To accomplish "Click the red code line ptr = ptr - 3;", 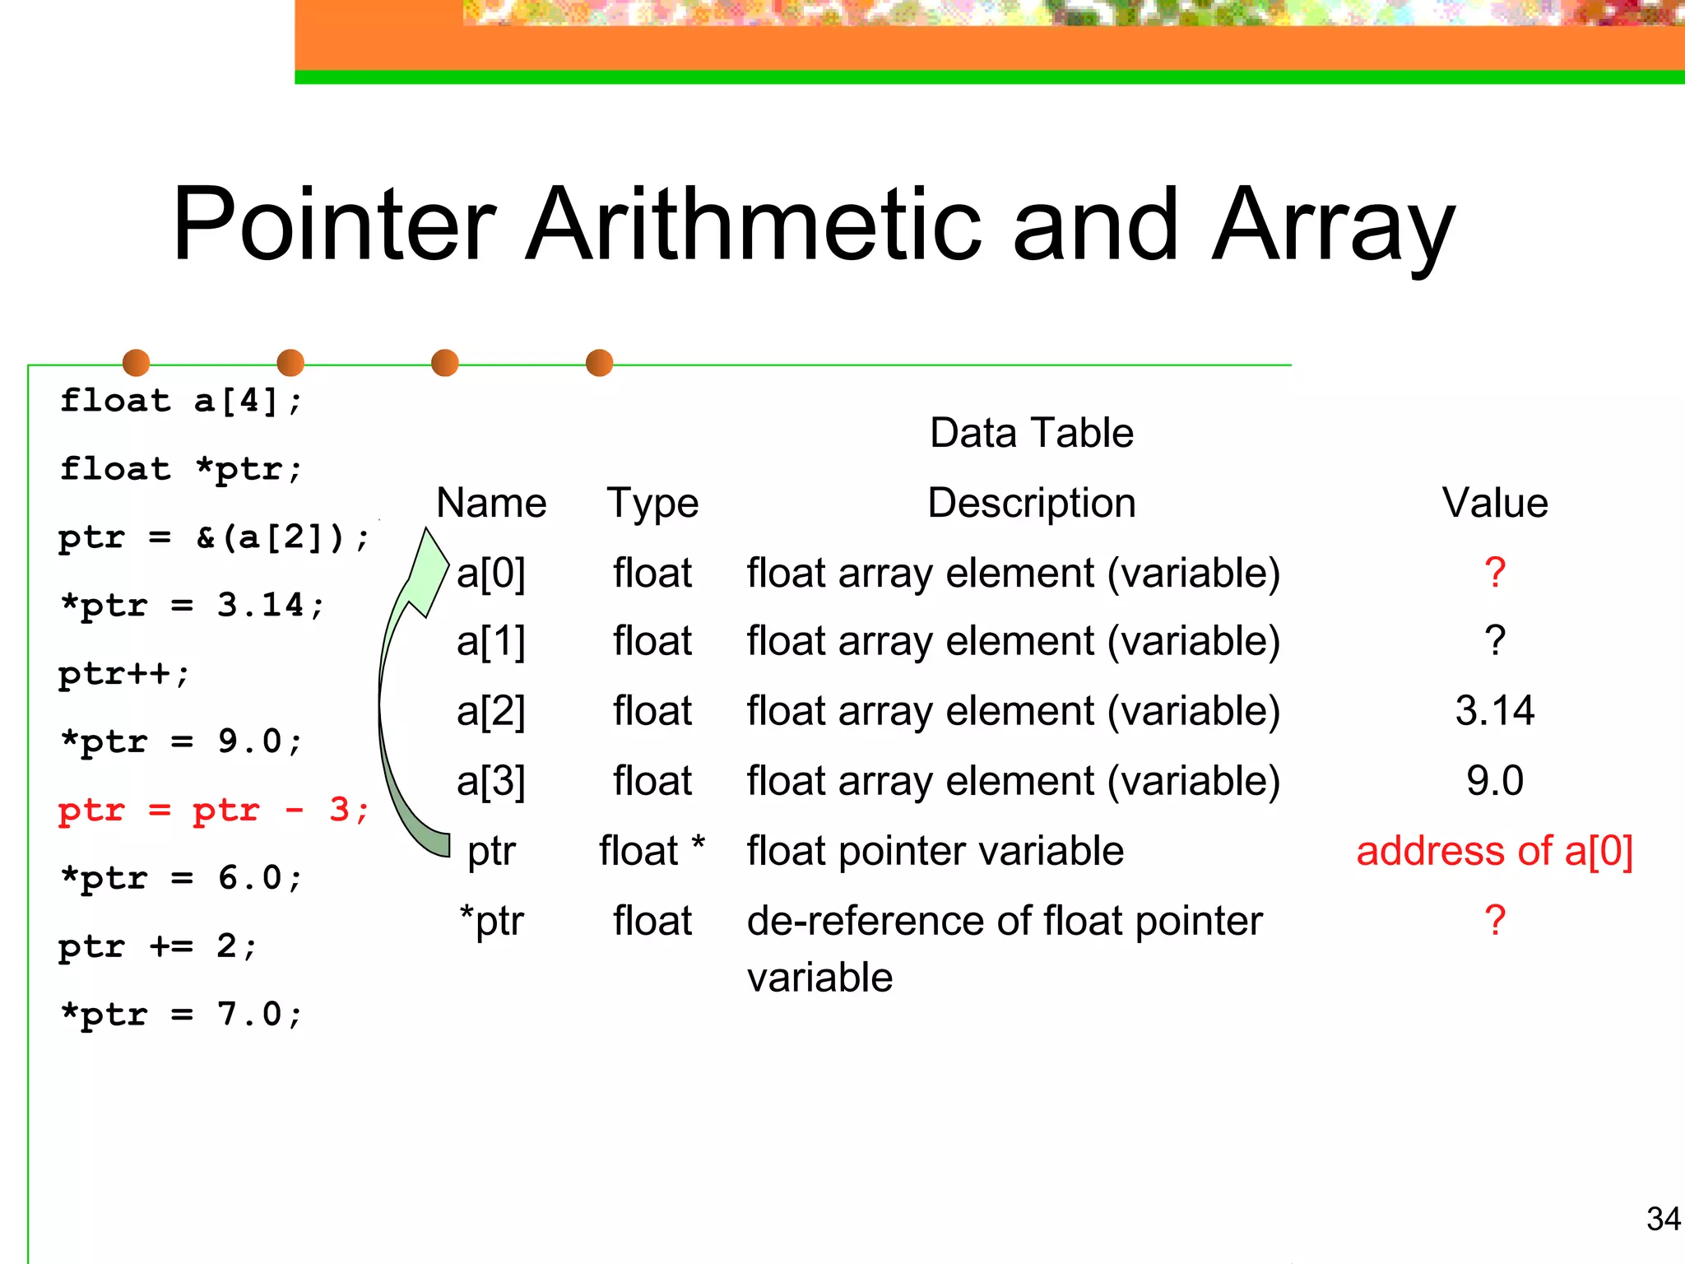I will pos(213,811).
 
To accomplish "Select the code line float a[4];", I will pos(182,402).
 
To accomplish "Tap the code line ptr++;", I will pos(124,674).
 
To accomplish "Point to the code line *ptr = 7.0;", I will pos(182,1015).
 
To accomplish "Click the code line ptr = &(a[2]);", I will pos(213,538).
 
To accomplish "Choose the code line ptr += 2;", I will pos(157,946).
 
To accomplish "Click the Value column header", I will pos(1494,503).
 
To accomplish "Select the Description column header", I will pos(1031,503).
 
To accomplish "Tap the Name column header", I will pos(491,503).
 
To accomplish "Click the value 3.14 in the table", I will pos(1494,710).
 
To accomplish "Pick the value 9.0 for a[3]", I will pos(1494,780).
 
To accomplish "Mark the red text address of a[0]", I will pos(1494,851).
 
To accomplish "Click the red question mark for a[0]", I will pos(1495,573).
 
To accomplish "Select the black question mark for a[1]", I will pos(1495,641).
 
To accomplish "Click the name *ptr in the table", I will pos(491,921).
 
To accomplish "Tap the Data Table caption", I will pos(1031,433).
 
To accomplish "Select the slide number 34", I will pos(1663,1219).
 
